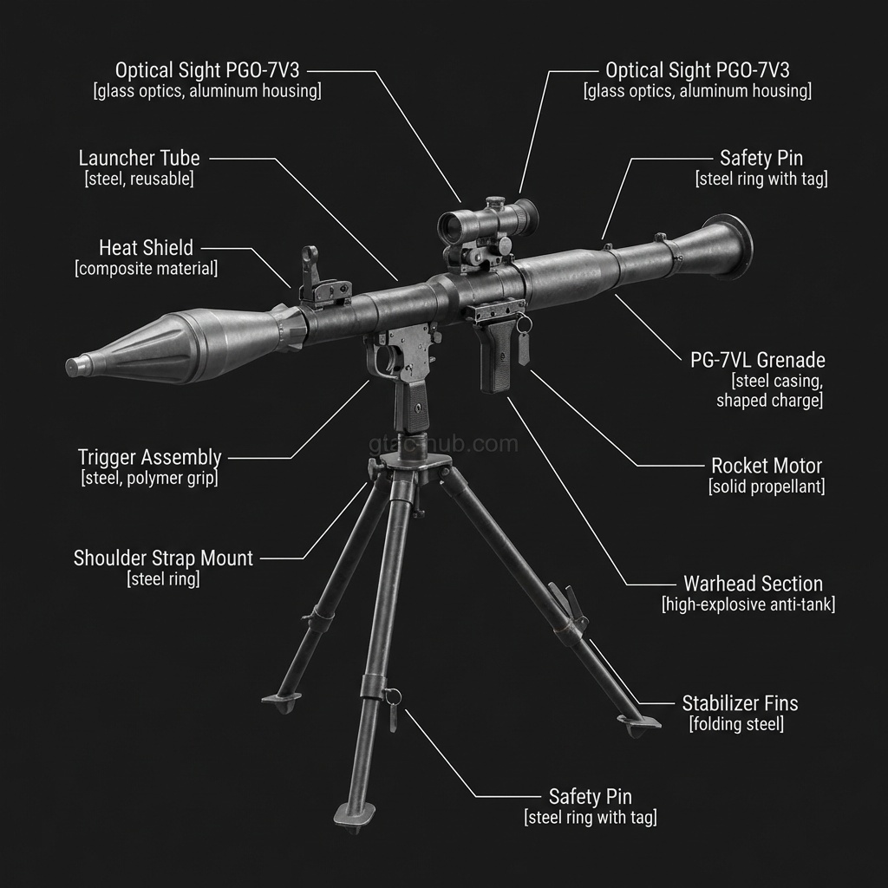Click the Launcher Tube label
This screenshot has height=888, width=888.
tap(139, 159)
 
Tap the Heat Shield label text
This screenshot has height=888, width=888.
tap(146, 248)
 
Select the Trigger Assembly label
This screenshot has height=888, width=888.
tap(149, 457)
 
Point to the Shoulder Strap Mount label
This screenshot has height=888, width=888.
tap(163, 558)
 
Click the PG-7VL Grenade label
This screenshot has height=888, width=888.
tap(757, 360)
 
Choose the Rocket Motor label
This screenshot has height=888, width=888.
tap(766, 466)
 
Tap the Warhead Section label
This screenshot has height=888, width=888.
tap(753, 584)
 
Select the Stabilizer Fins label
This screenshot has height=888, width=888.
tap(740, 702)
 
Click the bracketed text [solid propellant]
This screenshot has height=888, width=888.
tap(766, 486)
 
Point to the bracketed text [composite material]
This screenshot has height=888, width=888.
tap(146, 269)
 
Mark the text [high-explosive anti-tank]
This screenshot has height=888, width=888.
tap(748, 604)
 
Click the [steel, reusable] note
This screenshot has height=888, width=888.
tap(139, 180)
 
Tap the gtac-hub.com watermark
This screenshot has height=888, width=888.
tap(443, 445)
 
